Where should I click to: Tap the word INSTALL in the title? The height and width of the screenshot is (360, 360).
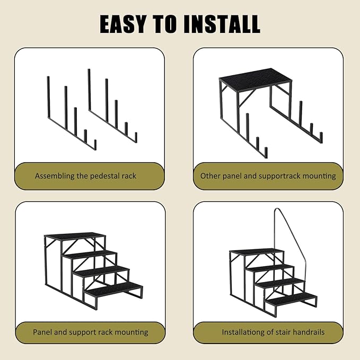pos(223,24)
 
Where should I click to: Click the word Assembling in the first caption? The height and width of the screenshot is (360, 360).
pos(55,175)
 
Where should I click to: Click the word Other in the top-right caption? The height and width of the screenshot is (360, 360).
pos(210,175)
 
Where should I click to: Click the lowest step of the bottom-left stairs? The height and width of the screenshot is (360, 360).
pos(113,288)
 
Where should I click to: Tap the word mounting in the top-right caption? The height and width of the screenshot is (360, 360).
pos(320,175)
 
